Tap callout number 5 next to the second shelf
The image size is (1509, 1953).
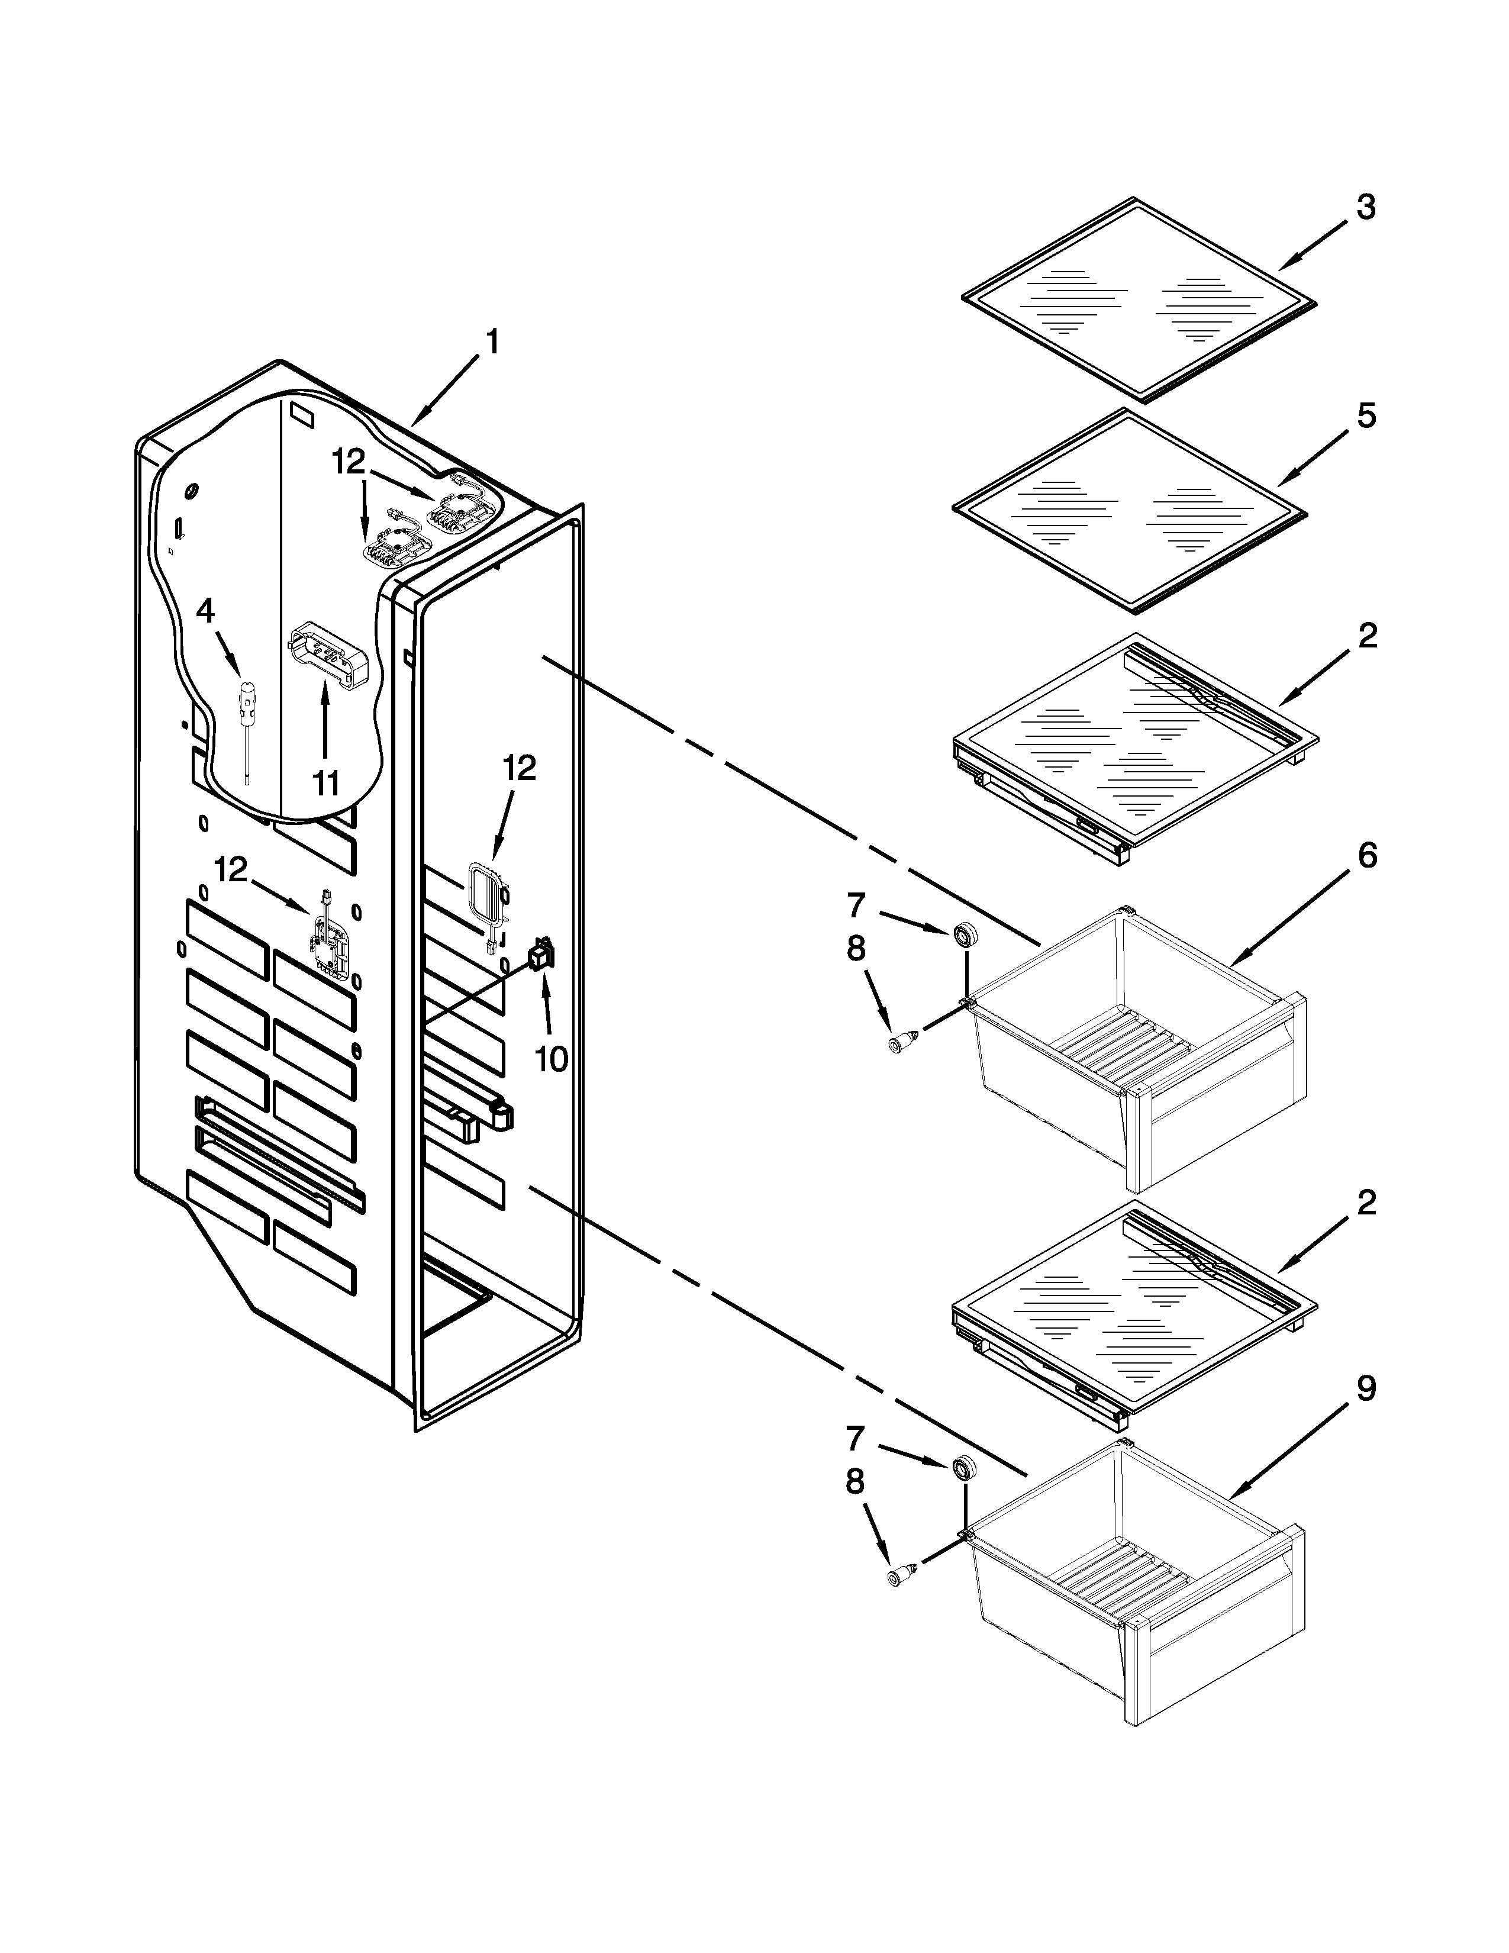click(x=1365, y=417)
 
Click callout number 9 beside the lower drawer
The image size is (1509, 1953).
click(x=1365, y=1389)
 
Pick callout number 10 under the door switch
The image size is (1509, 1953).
click(x=551, y=1059)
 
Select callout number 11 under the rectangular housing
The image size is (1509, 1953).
click(x=325, y=784)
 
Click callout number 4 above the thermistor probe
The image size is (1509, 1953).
click(x=205, y=612)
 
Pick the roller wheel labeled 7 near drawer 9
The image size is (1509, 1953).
click(x=963, y=1468)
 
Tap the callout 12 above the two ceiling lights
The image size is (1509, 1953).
click(x=349, y=462)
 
